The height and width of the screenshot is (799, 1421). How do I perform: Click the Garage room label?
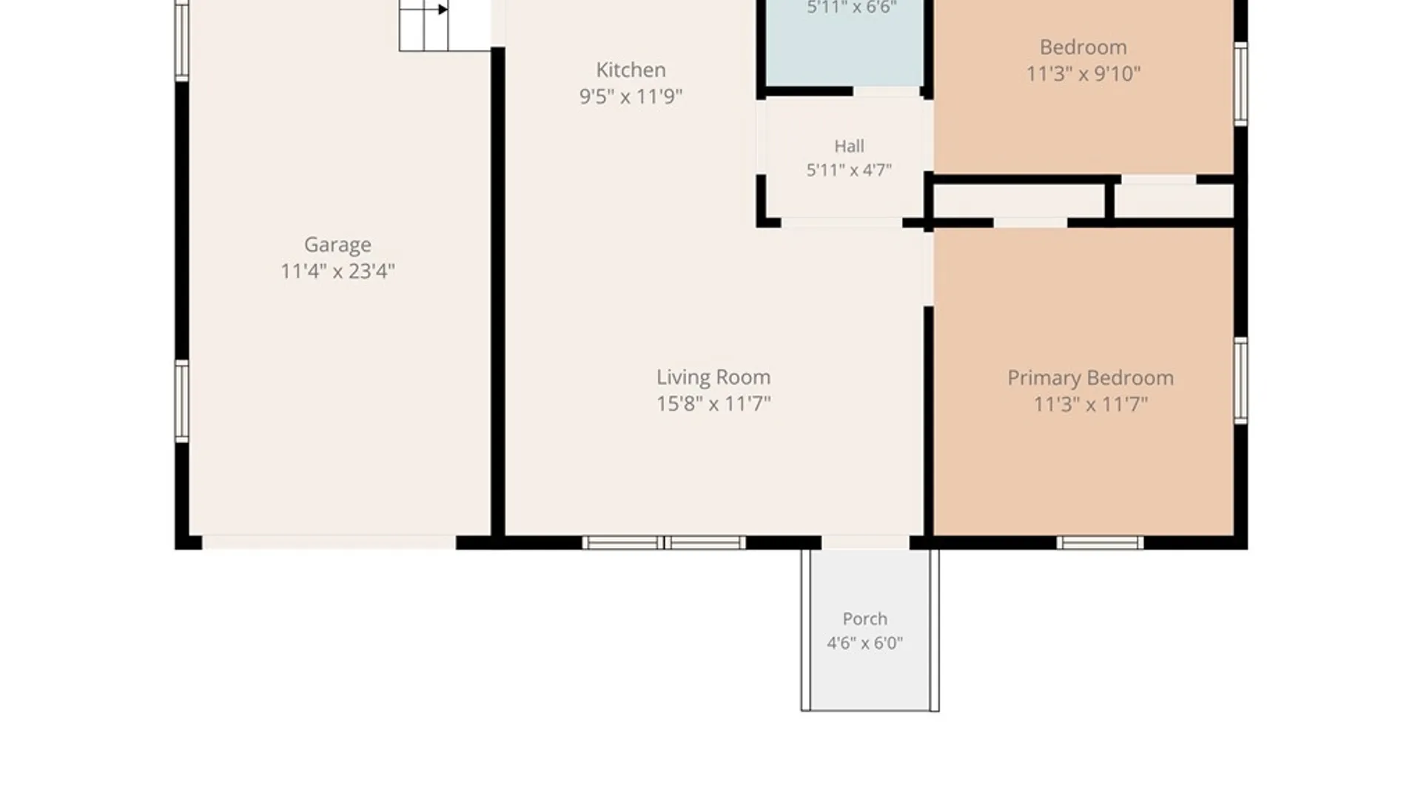point(337,245)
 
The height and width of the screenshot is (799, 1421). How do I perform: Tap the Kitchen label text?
point(631,70)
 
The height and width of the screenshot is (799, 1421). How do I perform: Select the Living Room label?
point(713,377)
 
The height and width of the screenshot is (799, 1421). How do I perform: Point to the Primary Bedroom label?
point(1090,378)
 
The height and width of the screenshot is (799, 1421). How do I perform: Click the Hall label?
point(849,146)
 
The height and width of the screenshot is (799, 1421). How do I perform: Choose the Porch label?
point(864,618)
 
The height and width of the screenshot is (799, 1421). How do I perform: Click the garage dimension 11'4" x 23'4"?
point(337,272)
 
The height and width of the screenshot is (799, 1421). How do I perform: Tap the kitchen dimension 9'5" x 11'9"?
point(631,96)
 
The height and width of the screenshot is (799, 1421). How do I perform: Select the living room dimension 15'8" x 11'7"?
point(713,404)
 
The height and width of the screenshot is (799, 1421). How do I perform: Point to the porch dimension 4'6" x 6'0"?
point(864,643)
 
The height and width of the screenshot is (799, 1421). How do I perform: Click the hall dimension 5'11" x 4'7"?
point(849,170)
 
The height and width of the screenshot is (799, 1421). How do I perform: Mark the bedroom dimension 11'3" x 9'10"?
point(1084,74)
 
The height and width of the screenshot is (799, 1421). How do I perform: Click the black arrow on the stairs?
point(443,10)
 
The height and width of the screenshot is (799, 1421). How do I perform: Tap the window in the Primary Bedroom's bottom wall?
point(1100,543)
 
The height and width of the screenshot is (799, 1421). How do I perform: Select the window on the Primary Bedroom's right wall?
point(1240,381)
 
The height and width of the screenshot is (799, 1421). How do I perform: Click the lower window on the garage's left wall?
point(181,401)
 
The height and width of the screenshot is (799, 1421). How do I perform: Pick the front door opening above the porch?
point(865,543)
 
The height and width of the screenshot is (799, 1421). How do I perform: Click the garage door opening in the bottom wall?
point(329,543)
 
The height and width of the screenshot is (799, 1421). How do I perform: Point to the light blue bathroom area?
point(844,43)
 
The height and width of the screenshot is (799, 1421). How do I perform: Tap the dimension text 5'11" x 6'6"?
point(852,7)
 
